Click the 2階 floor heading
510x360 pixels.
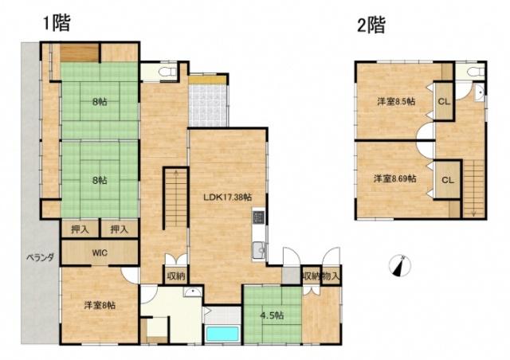(x=371, y=25)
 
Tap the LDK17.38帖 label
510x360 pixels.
(x=228, y=197)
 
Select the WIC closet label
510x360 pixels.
(x=100, y=253)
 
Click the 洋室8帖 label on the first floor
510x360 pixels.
(x=100, y=304)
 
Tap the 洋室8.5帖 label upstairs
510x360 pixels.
(x=395, y=101)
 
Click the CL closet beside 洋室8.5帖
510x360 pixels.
(x=444, y=101)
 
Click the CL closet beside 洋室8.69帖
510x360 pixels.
(x=447, y=179)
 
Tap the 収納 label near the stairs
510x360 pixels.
(x=176, y=276)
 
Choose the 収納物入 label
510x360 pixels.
(x=322, y=276)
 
